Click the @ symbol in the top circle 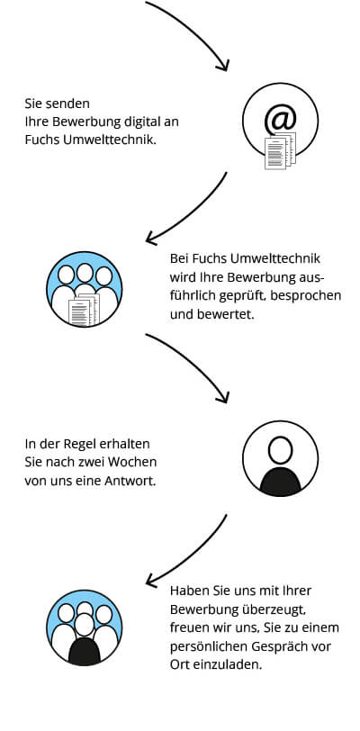pyautogui.click(x=280, y=120)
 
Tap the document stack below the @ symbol pyautogui.click(x=280, y=151)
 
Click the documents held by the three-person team pyautogui.click(x=85, y=310)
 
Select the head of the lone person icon pyautogui.click(x=280, y=450)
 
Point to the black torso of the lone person pyautogui.click(x=280, y=482)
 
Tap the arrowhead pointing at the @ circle pyautogui.click(x=222, y=65)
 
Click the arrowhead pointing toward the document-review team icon pyautogui.click(x=151, y=238)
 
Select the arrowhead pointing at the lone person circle pyautogui.click(x=222, y=397)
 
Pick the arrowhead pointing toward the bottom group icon pyautogui.click(x=151, y=580)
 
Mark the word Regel pyautogui.click(x=93, y=445)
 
